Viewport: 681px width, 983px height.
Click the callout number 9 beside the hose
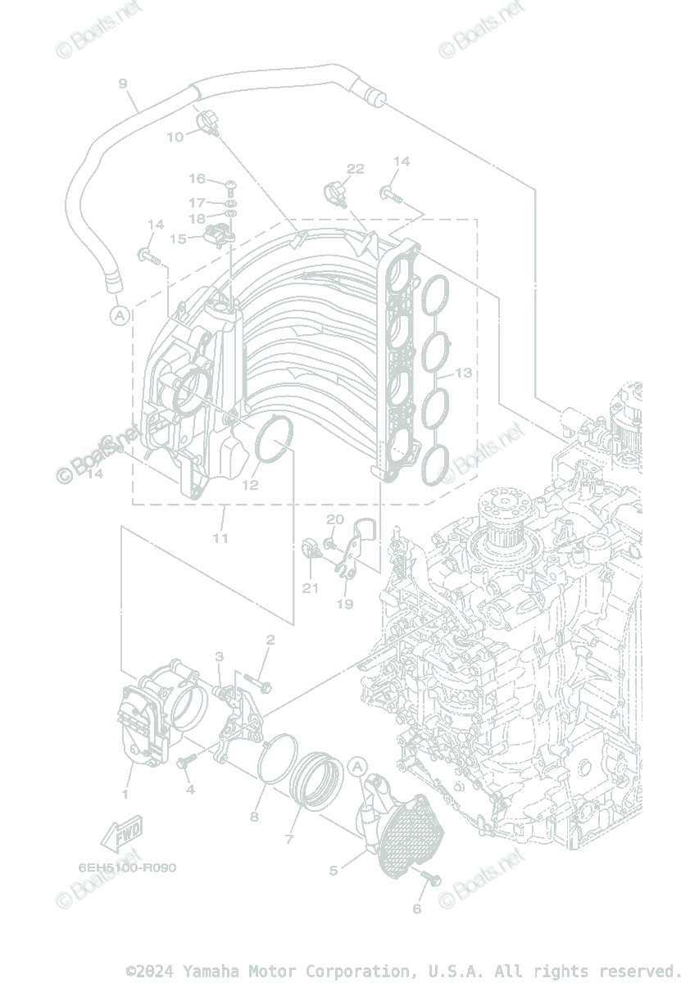(123, 84)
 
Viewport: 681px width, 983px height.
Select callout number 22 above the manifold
(355, 170)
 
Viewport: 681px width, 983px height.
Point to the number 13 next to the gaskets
(463, 373)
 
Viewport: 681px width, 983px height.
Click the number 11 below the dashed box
(220, 538)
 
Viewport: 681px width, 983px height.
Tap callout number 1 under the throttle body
(125, 794)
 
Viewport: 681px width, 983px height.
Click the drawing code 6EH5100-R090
(127, 867)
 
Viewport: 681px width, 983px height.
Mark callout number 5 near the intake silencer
(334, 870)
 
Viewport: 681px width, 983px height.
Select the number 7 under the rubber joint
(289, 839)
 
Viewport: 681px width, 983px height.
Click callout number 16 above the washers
(197, 179)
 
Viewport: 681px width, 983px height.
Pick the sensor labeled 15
(219, 233)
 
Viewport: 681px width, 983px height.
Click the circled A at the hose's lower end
(120, 315)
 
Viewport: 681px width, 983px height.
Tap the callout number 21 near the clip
(310, 587)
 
